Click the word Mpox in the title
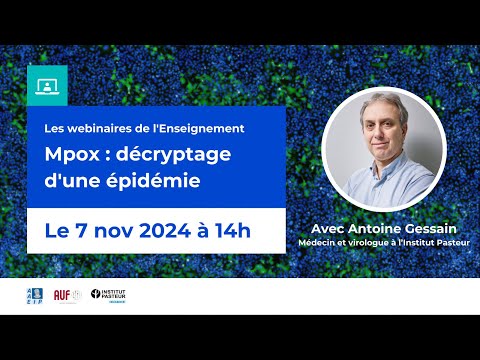75,158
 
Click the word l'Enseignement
200,128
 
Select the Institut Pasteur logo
107,295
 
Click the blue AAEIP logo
33,295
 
